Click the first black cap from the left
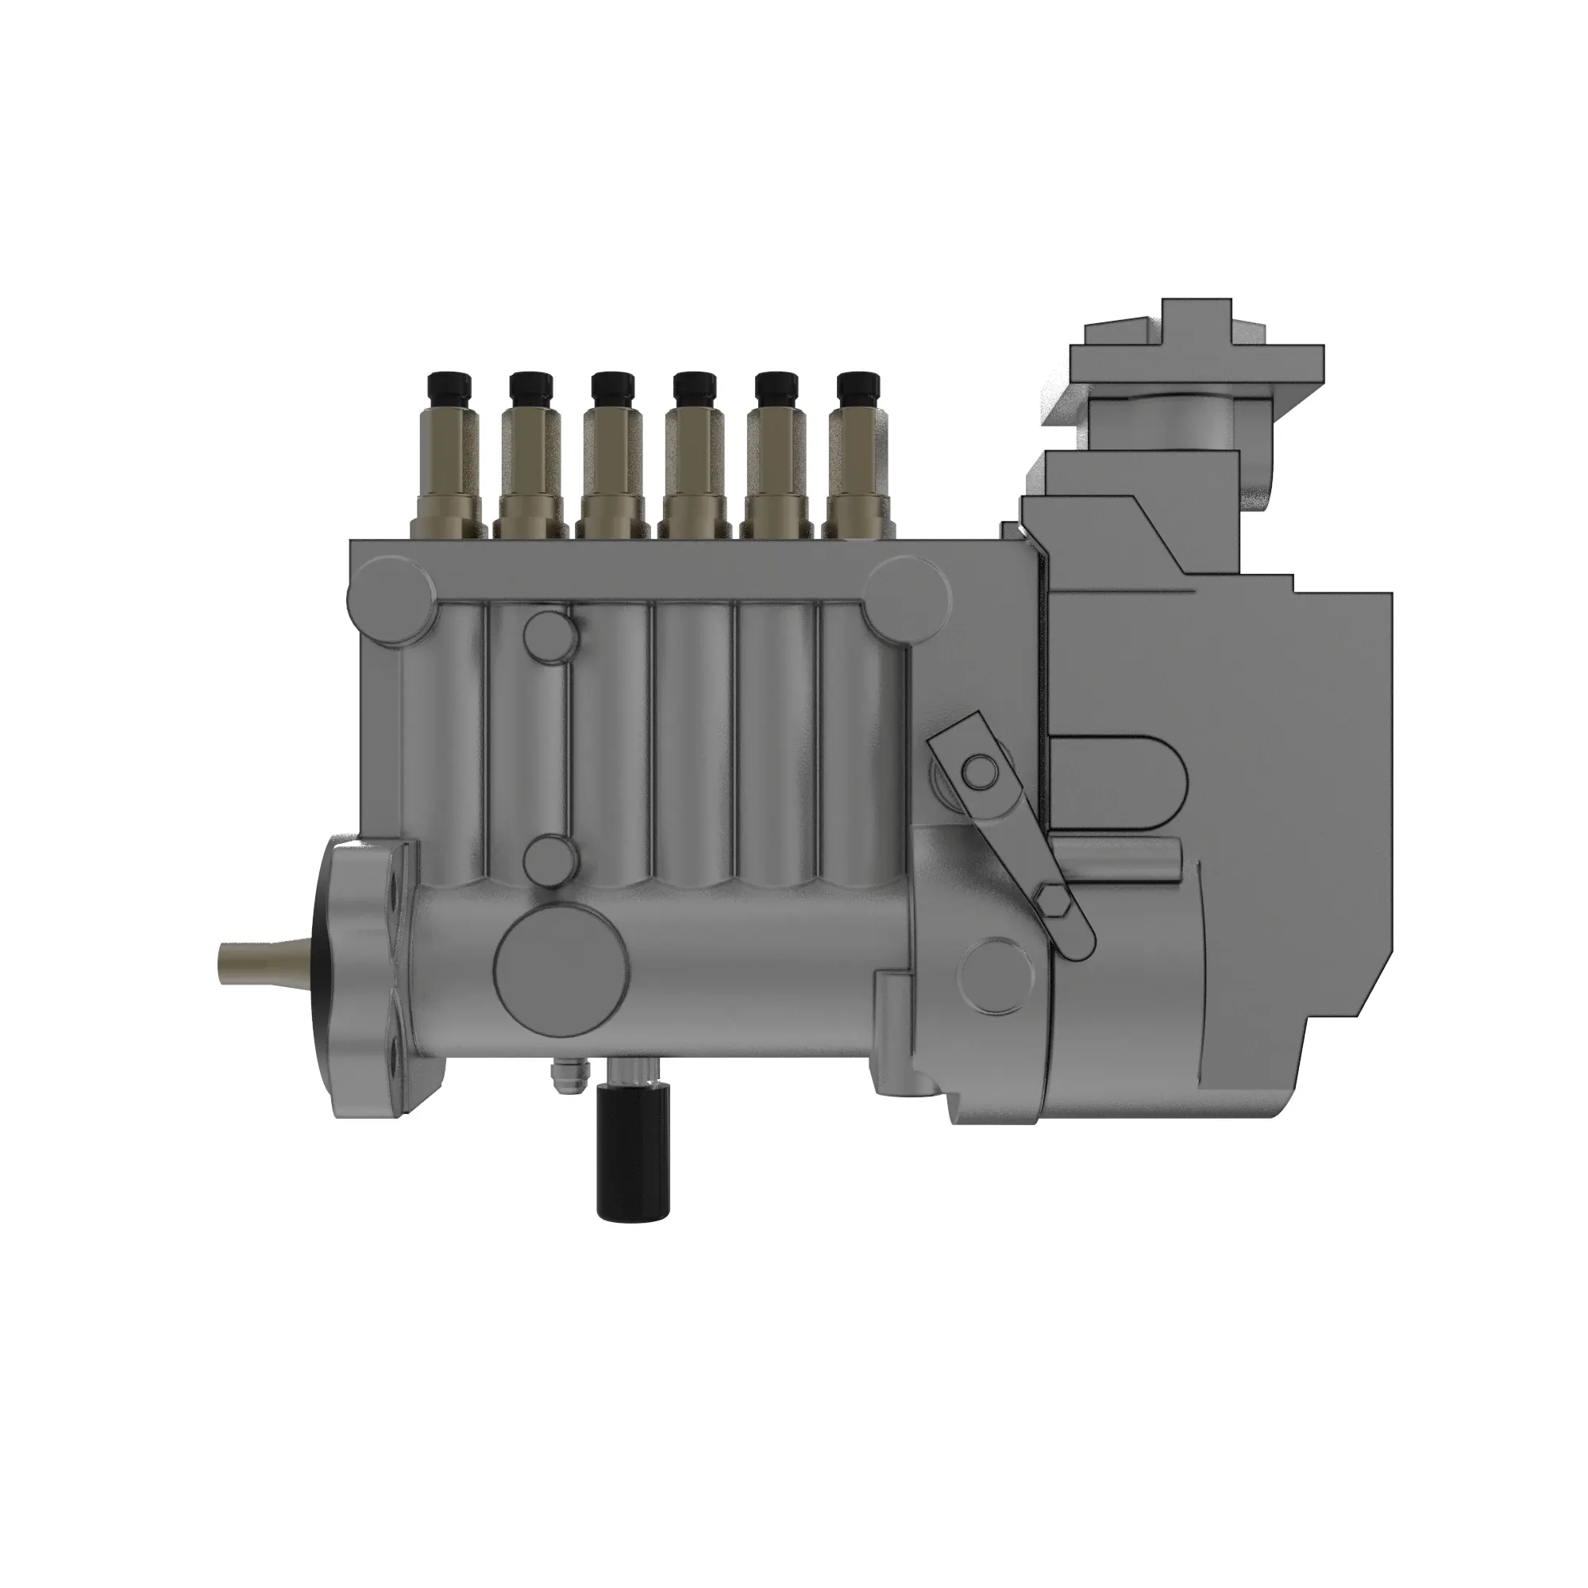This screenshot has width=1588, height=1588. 449,387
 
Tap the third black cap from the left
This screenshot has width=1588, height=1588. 612,387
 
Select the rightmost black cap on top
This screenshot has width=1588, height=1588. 858,387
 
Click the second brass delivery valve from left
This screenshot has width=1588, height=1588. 531,468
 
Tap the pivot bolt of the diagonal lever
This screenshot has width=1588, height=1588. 979,770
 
